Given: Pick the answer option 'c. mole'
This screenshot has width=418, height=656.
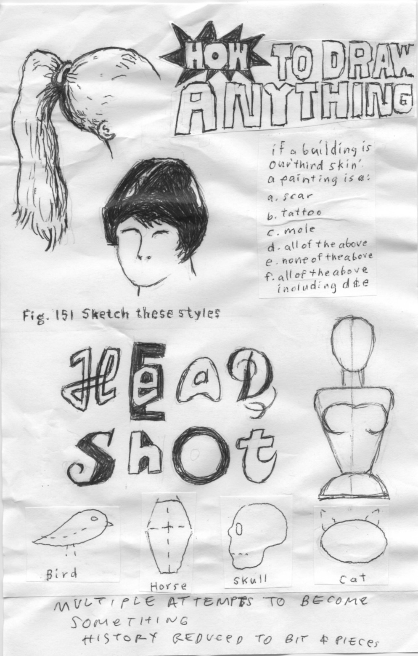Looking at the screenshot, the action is tap(291, 230).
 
